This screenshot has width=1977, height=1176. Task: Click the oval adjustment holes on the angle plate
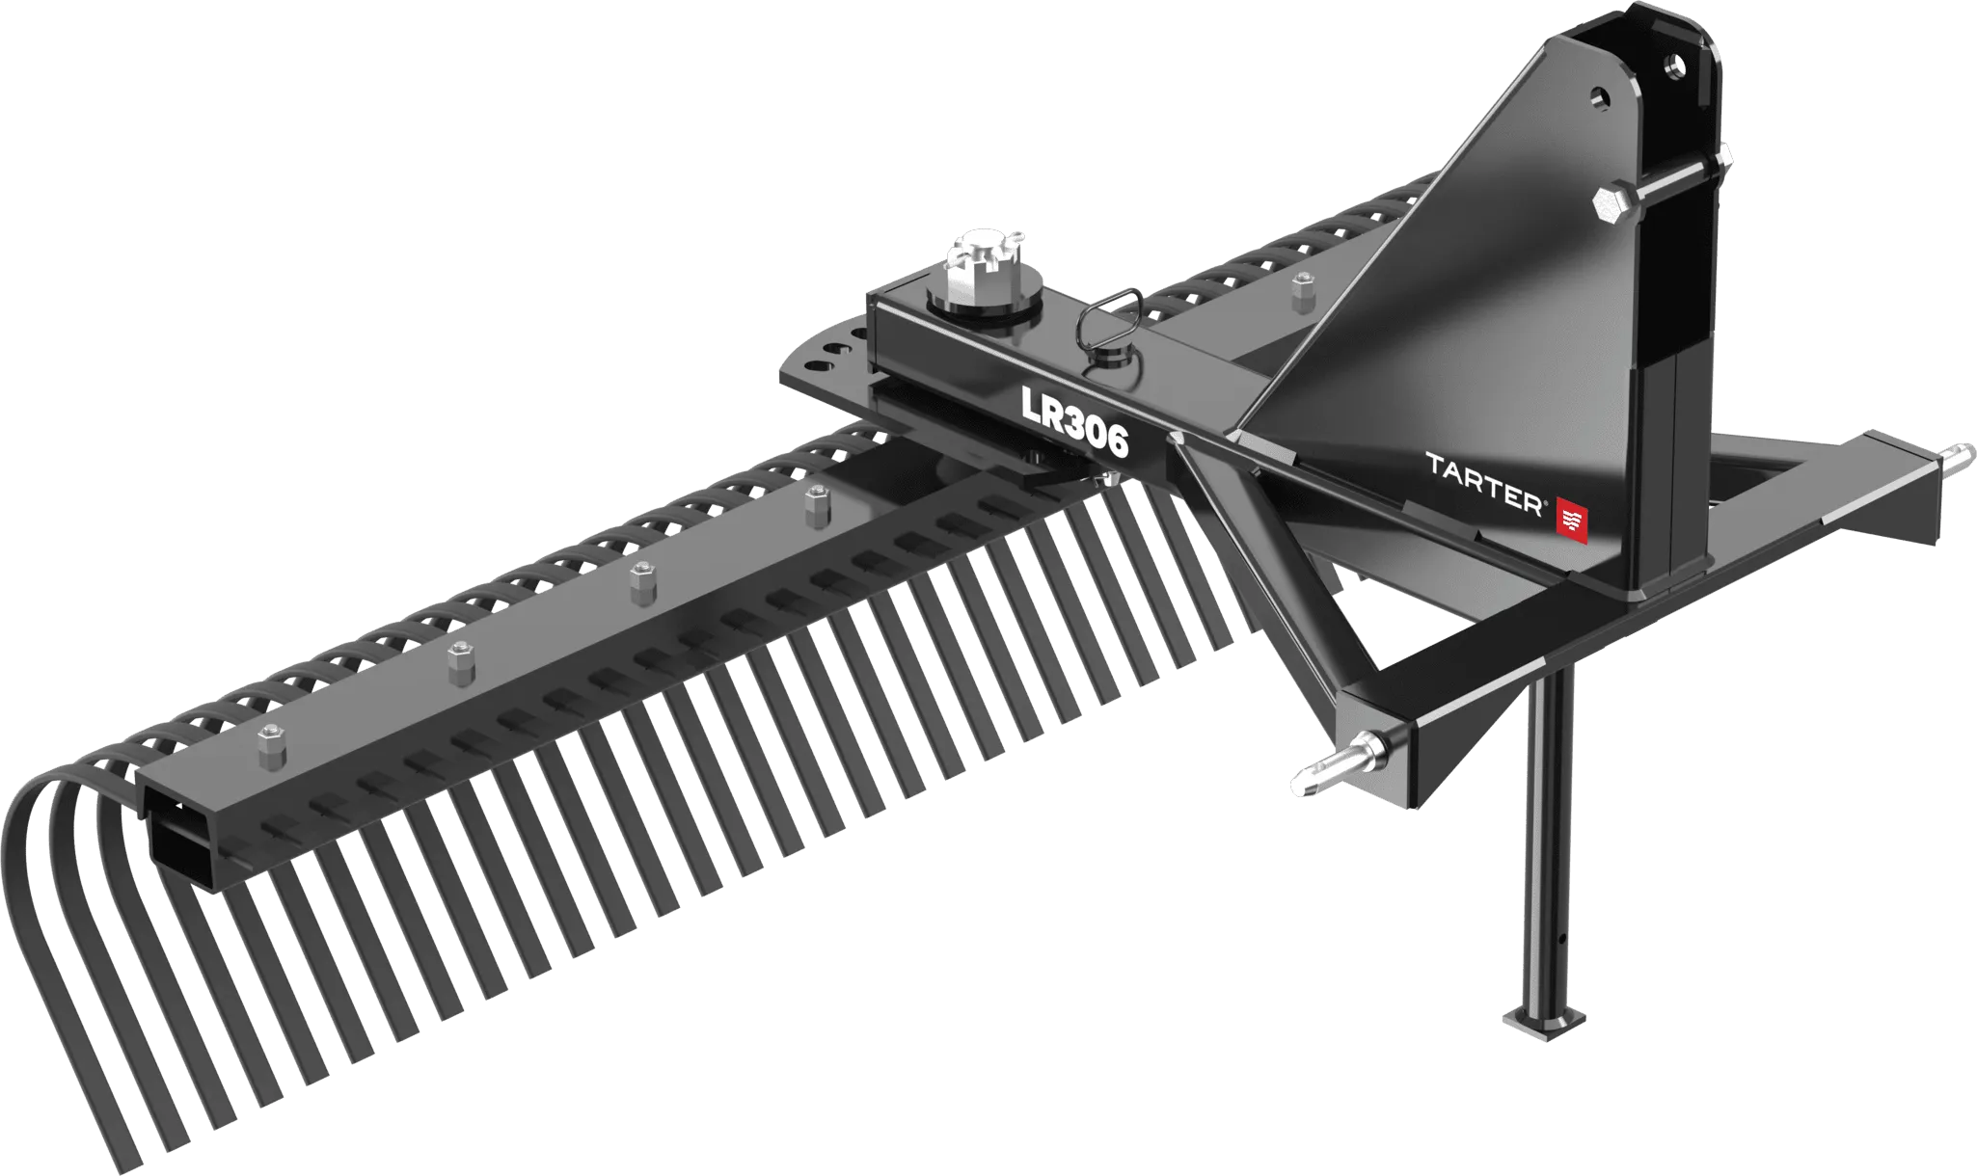pos(829,352)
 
